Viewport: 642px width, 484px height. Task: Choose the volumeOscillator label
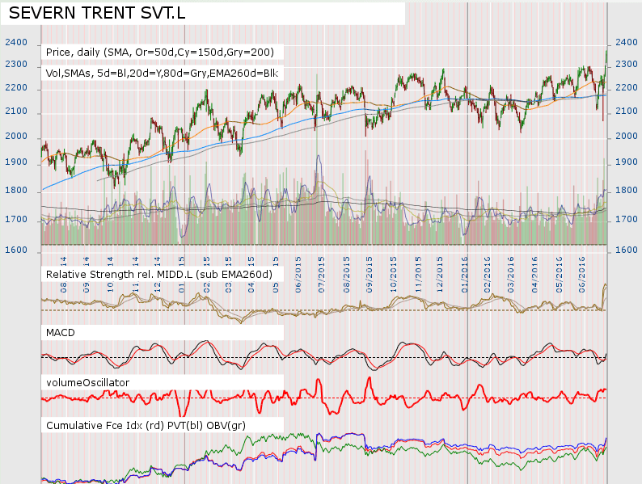click(87, 381)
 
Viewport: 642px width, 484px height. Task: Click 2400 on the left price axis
click(15, 43)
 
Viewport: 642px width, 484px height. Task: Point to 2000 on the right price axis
click(627, 136)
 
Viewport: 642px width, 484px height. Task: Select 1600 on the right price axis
click(627, 250)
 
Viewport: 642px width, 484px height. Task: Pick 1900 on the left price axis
click(15, 162)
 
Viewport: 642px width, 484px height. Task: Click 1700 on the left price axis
click(15, 219)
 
